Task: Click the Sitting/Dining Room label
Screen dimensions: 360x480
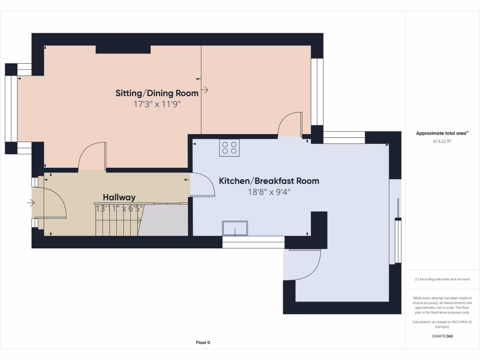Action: coord(157,93)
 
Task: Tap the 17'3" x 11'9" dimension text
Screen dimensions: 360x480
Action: coord(157,105)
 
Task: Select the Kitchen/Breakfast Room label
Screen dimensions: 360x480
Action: coord(269,181)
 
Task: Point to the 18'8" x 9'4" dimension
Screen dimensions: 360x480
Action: coord(269,192)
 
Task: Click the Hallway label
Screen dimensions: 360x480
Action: coord(119,197)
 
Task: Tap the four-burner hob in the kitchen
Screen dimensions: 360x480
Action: coord(229,148)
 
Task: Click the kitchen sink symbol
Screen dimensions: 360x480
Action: coord(235,228)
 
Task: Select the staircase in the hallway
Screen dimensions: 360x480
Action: coord(118,220)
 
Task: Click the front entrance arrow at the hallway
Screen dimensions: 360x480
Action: coord(31,203)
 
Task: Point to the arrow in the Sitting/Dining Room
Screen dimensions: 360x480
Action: coord(205,90)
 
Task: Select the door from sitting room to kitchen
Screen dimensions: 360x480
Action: coord(290,124)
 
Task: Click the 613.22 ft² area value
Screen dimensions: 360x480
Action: coord(442,141)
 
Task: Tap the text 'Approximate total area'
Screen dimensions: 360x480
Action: coord(442,134)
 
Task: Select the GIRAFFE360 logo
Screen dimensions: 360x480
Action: coord(442,336)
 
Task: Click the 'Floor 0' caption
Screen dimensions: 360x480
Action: coord(203,343)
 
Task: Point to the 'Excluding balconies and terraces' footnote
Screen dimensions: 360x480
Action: coord(442,279)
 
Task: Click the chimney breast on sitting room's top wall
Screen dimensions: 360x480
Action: coord(123,50)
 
